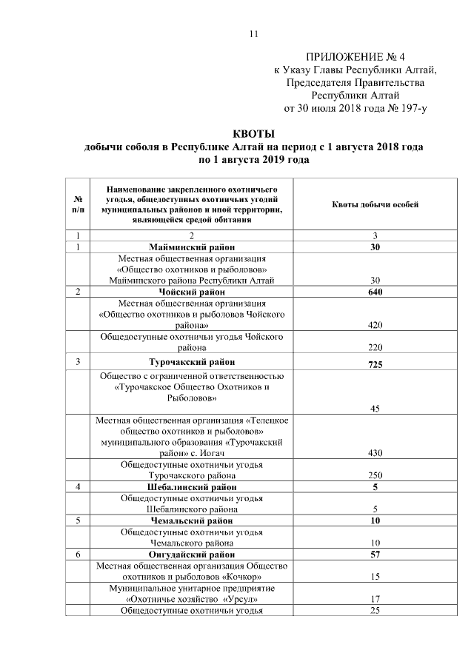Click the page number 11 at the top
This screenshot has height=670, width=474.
click(254, 34)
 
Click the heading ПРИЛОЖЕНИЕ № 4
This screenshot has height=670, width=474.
click(355, 57)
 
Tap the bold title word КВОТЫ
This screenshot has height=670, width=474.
click(254, 134)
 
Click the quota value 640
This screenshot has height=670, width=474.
click(375, 292)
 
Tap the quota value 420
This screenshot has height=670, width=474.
click(375, 325)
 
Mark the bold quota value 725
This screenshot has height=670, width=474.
click(375, 364)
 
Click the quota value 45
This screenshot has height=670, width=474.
click(375, 408)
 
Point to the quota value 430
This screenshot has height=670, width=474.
click(375, 452)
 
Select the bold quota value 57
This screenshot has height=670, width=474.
click(375, 554)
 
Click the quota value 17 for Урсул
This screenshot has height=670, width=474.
click(375, 599)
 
